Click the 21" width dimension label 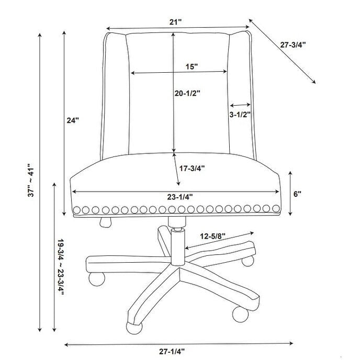click(x=177, y=21)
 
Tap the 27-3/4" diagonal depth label click(x=293, y=45)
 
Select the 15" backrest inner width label click(x=192, y=66)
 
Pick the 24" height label click(x=73, y=120)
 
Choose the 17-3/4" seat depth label click(x=192, y=168)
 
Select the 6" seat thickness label click(x=298, y=194)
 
